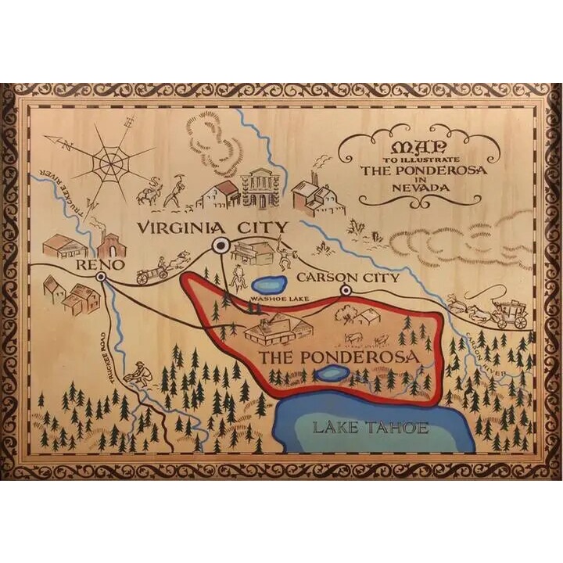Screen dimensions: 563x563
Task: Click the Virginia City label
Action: (x=211, y=228)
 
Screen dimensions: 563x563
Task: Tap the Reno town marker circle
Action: (x=101, y=277)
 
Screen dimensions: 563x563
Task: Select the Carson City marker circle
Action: (x=346, y=291)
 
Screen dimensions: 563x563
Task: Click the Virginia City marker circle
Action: (x=221, y=246)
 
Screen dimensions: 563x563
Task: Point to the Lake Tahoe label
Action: (x=370, y=427)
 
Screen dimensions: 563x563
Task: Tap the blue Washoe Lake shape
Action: (x=267, y=283)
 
